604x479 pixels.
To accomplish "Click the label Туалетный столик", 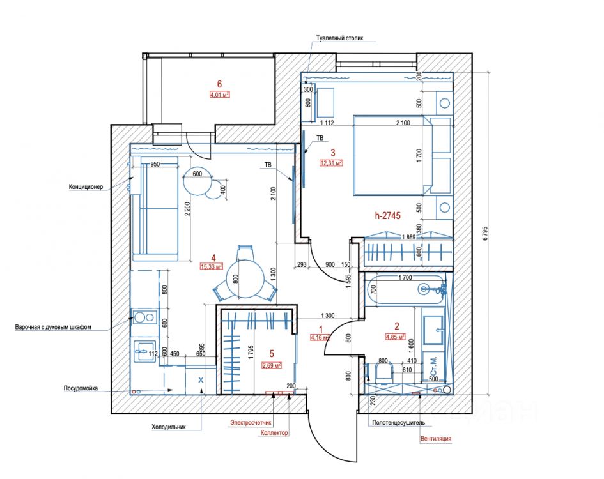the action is point(339,38).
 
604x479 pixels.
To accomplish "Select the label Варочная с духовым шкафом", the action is point(54,327).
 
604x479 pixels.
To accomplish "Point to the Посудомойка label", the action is point(81,388).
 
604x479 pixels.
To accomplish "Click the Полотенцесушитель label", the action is point(398,422).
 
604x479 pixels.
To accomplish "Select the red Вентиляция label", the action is point(436,439).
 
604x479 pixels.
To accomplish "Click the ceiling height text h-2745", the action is point(387,216).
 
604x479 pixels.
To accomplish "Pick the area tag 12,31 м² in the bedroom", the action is point(331,163).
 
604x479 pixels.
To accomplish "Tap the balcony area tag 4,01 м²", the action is point(219,95).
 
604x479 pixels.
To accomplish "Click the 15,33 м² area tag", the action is point(211,267).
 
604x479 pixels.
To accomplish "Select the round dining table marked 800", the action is point(246,278).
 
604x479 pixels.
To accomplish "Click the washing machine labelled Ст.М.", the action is point(433,369).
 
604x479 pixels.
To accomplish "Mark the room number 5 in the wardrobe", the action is point(271,353).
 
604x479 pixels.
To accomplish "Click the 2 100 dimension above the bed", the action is point(403,122).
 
